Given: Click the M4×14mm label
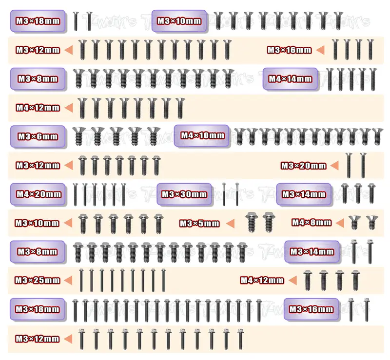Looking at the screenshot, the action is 290,79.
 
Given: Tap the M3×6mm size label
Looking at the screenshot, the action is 38,136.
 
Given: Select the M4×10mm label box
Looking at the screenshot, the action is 201,135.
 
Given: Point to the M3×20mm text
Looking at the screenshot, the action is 303,166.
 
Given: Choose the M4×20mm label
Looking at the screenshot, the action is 38,194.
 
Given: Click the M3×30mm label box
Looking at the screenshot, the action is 184,194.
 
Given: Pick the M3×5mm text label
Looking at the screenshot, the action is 199,223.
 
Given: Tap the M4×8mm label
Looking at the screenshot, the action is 312,222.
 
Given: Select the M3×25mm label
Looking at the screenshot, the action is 38,281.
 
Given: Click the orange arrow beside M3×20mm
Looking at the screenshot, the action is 335,166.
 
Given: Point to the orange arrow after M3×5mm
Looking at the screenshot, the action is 230,223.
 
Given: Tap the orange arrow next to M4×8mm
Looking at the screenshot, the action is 340,223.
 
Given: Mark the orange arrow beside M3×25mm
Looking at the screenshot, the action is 68,280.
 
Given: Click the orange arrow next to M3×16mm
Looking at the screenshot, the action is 320,50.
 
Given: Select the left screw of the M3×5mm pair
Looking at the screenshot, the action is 251,222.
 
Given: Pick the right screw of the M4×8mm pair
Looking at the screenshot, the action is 372,222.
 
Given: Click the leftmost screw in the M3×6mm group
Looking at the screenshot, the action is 79,136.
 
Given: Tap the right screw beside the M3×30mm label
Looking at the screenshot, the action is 237,194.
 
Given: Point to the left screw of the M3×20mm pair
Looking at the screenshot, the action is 349,165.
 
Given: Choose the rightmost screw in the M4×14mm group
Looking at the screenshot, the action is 372,79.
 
